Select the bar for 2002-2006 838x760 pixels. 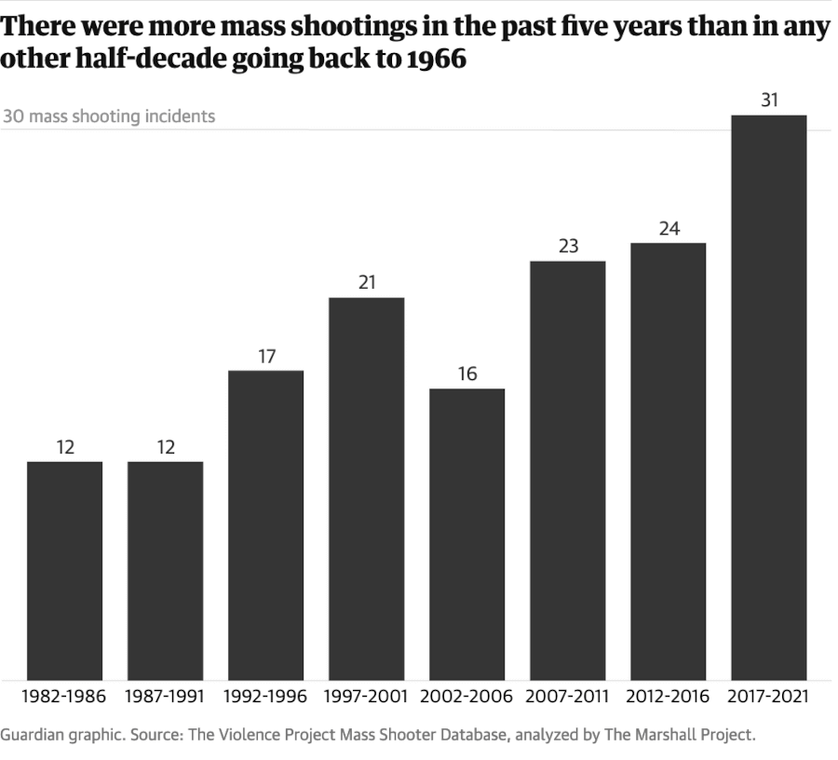click(x=466, y=535)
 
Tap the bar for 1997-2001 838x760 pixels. click(x=366, y=489)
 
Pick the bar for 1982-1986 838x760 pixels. click(x=64, y=571)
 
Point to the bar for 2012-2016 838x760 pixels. click(x=668, y=462)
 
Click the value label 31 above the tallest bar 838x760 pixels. click(x=769, y=100)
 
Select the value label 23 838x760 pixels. click(x=568, y=246)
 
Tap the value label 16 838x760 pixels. click(x=467, y=373)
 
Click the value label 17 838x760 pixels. click(x=266, y=356)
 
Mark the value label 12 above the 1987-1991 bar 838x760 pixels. click(x=166, y=447)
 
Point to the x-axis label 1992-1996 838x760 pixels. click(x=265, y=697)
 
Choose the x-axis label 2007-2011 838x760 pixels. click(x=567, y=697)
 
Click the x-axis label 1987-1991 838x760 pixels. click(x=165, y=697)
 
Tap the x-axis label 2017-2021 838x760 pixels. click(x=768, y=697)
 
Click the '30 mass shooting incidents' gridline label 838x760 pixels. click(x=109, y=116)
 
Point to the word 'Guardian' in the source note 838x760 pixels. click(x=32, y=735)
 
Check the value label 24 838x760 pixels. click(x=669, y=228)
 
